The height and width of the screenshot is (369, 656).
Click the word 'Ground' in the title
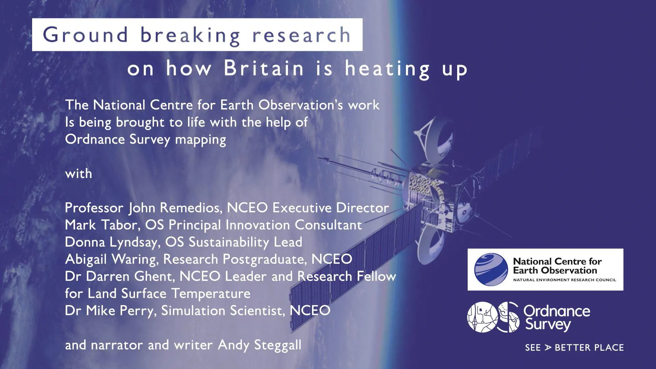coord(85,35)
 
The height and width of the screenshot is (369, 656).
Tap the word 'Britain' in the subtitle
coord(264,68)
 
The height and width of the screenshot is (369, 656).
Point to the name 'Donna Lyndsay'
coord(111,242)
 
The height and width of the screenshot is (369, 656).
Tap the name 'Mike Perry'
coord(121,311)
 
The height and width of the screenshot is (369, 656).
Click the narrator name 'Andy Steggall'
coord(260,345)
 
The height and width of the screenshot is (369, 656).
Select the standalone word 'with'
coord(79,174)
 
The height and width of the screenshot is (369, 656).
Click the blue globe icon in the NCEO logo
coord(491,269)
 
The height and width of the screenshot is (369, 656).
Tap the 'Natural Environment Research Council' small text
coord(564,280)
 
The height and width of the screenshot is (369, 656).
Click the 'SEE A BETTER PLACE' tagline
coord(574,347)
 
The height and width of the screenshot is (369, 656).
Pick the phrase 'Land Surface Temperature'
coord(169,293)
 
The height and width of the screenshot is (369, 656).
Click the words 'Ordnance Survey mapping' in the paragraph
coord(146,140)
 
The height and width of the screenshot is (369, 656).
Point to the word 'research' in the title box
coord(301,35)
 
